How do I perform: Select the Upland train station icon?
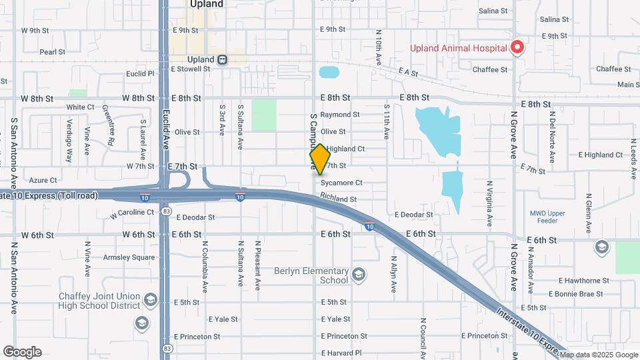click(223, 59)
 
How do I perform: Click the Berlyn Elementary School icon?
click(359, 275)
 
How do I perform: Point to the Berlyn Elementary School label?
click(311, 276)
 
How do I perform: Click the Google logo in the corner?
click(22, 352)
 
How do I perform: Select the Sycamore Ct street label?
click(341, 183)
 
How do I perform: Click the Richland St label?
click(338, 198)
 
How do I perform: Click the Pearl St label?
click(52, 51)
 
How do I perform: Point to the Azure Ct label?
click(43, 180)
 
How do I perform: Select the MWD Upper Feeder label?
click(547, 217)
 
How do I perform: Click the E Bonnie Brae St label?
click(575, 293)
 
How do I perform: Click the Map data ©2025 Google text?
click(599, 355)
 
